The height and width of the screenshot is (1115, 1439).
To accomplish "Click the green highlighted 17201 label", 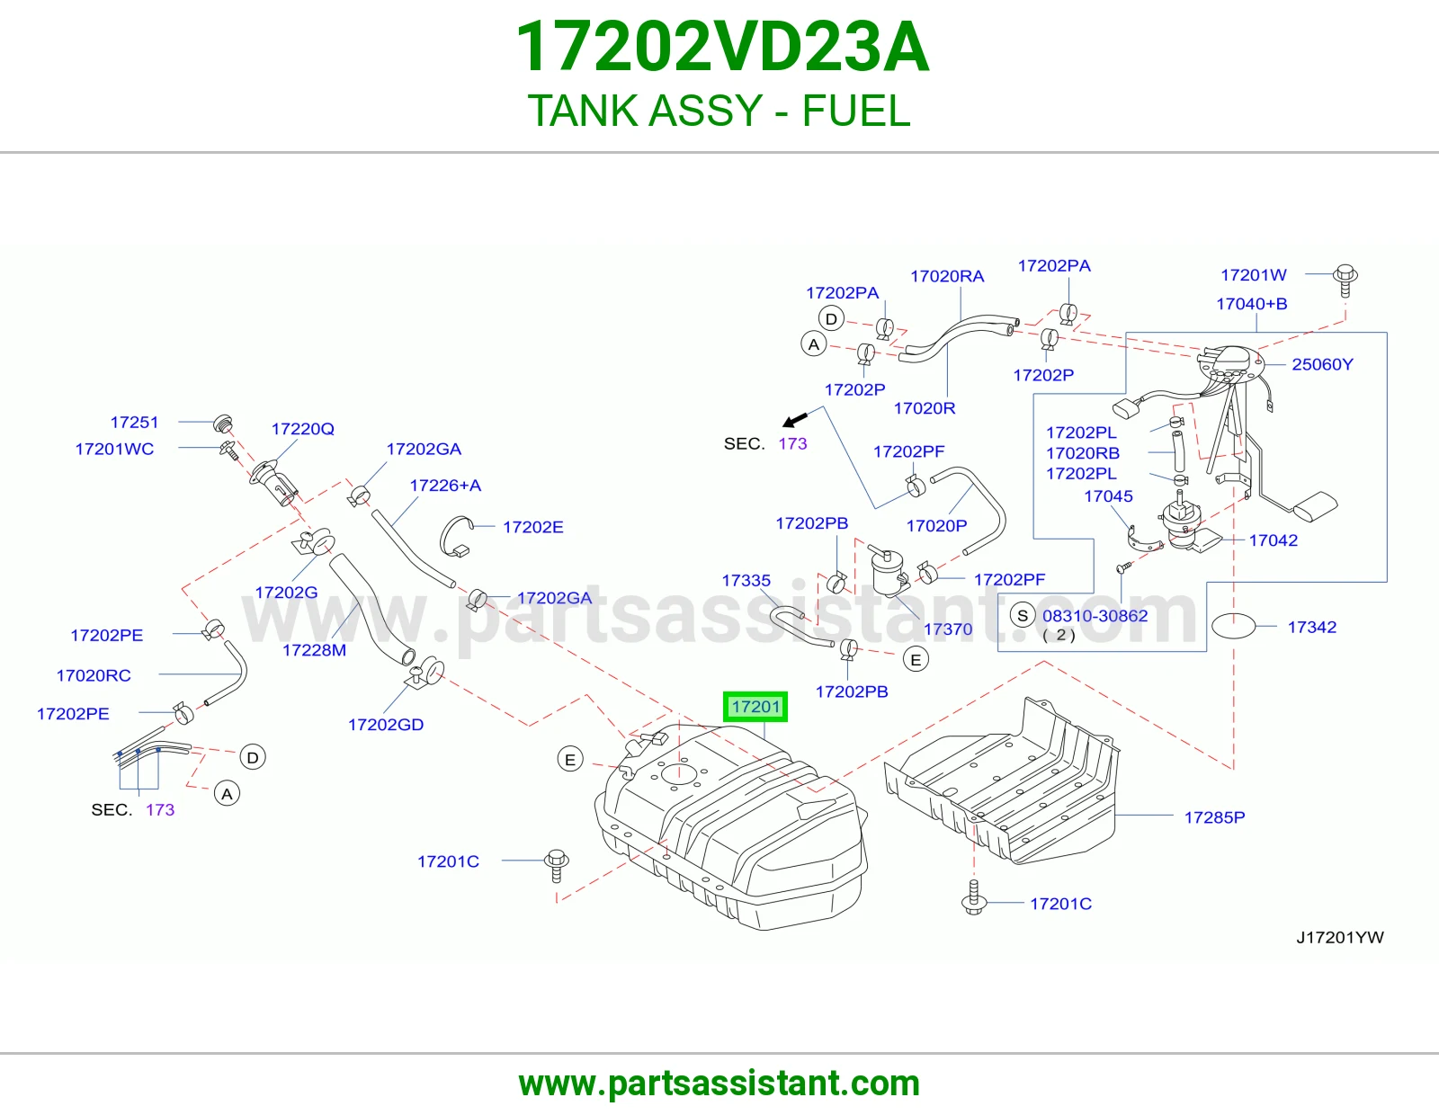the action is point(755,707).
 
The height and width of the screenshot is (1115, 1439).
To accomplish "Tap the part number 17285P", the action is point(1214,817).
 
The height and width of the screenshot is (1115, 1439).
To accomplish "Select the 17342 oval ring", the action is point(1233,626).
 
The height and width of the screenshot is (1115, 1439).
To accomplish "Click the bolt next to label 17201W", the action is point(1345,281).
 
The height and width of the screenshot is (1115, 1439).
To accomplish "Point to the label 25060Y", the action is point(1322,364).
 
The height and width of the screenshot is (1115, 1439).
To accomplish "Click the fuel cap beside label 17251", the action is point(223,424).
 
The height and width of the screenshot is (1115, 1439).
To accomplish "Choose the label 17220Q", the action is point(302,428).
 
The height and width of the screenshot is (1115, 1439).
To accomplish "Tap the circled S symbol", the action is point(1023,615).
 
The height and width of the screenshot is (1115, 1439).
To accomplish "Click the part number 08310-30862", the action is point(1095,615).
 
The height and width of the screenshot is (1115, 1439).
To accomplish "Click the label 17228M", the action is point(314,649).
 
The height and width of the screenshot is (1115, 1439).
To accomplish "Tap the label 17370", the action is point(948,629).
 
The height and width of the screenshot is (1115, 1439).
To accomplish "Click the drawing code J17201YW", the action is point(1340,937).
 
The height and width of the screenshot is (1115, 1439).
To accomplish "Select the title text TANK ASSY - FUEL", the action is point(719,110).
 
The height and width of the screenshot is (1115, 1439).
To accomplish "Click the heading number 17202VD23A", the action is point(722,47).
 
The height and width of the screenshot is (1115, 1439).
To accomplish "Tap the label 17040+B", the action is point(1252,303).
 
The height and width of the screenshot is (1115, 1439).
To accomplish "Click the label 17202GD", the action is point(386,725).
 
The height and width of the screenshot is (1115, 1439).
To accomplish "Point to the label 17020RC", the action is point(94,675).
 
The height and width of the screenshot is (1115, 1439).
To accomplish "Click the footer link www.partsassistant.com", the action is point(719,1084).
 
